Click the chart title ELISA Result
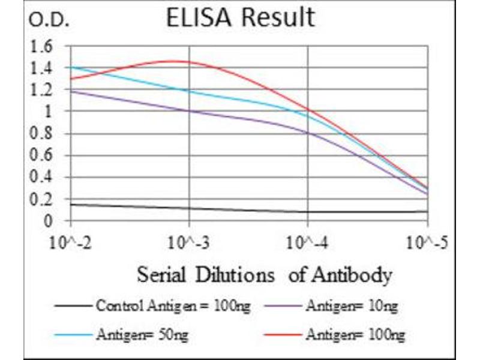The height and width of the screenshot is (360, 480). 241,17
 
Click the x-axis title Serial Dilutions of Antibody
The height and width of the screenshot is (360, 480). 265,275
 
